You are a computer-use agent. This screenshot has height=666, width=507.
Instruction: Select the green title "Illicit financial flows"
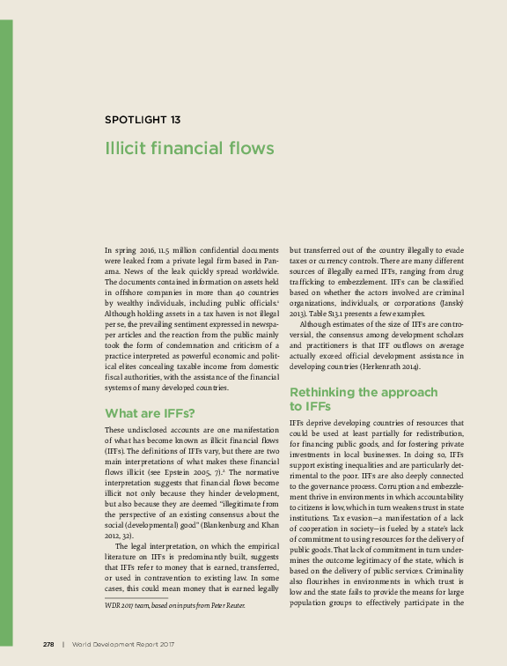[189, 148]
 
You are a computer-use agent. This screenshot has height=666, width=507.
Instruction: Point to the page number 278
[48, 645]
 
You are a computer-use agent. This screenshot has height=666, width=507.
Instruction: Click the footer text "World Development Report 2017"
[123, 645]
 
